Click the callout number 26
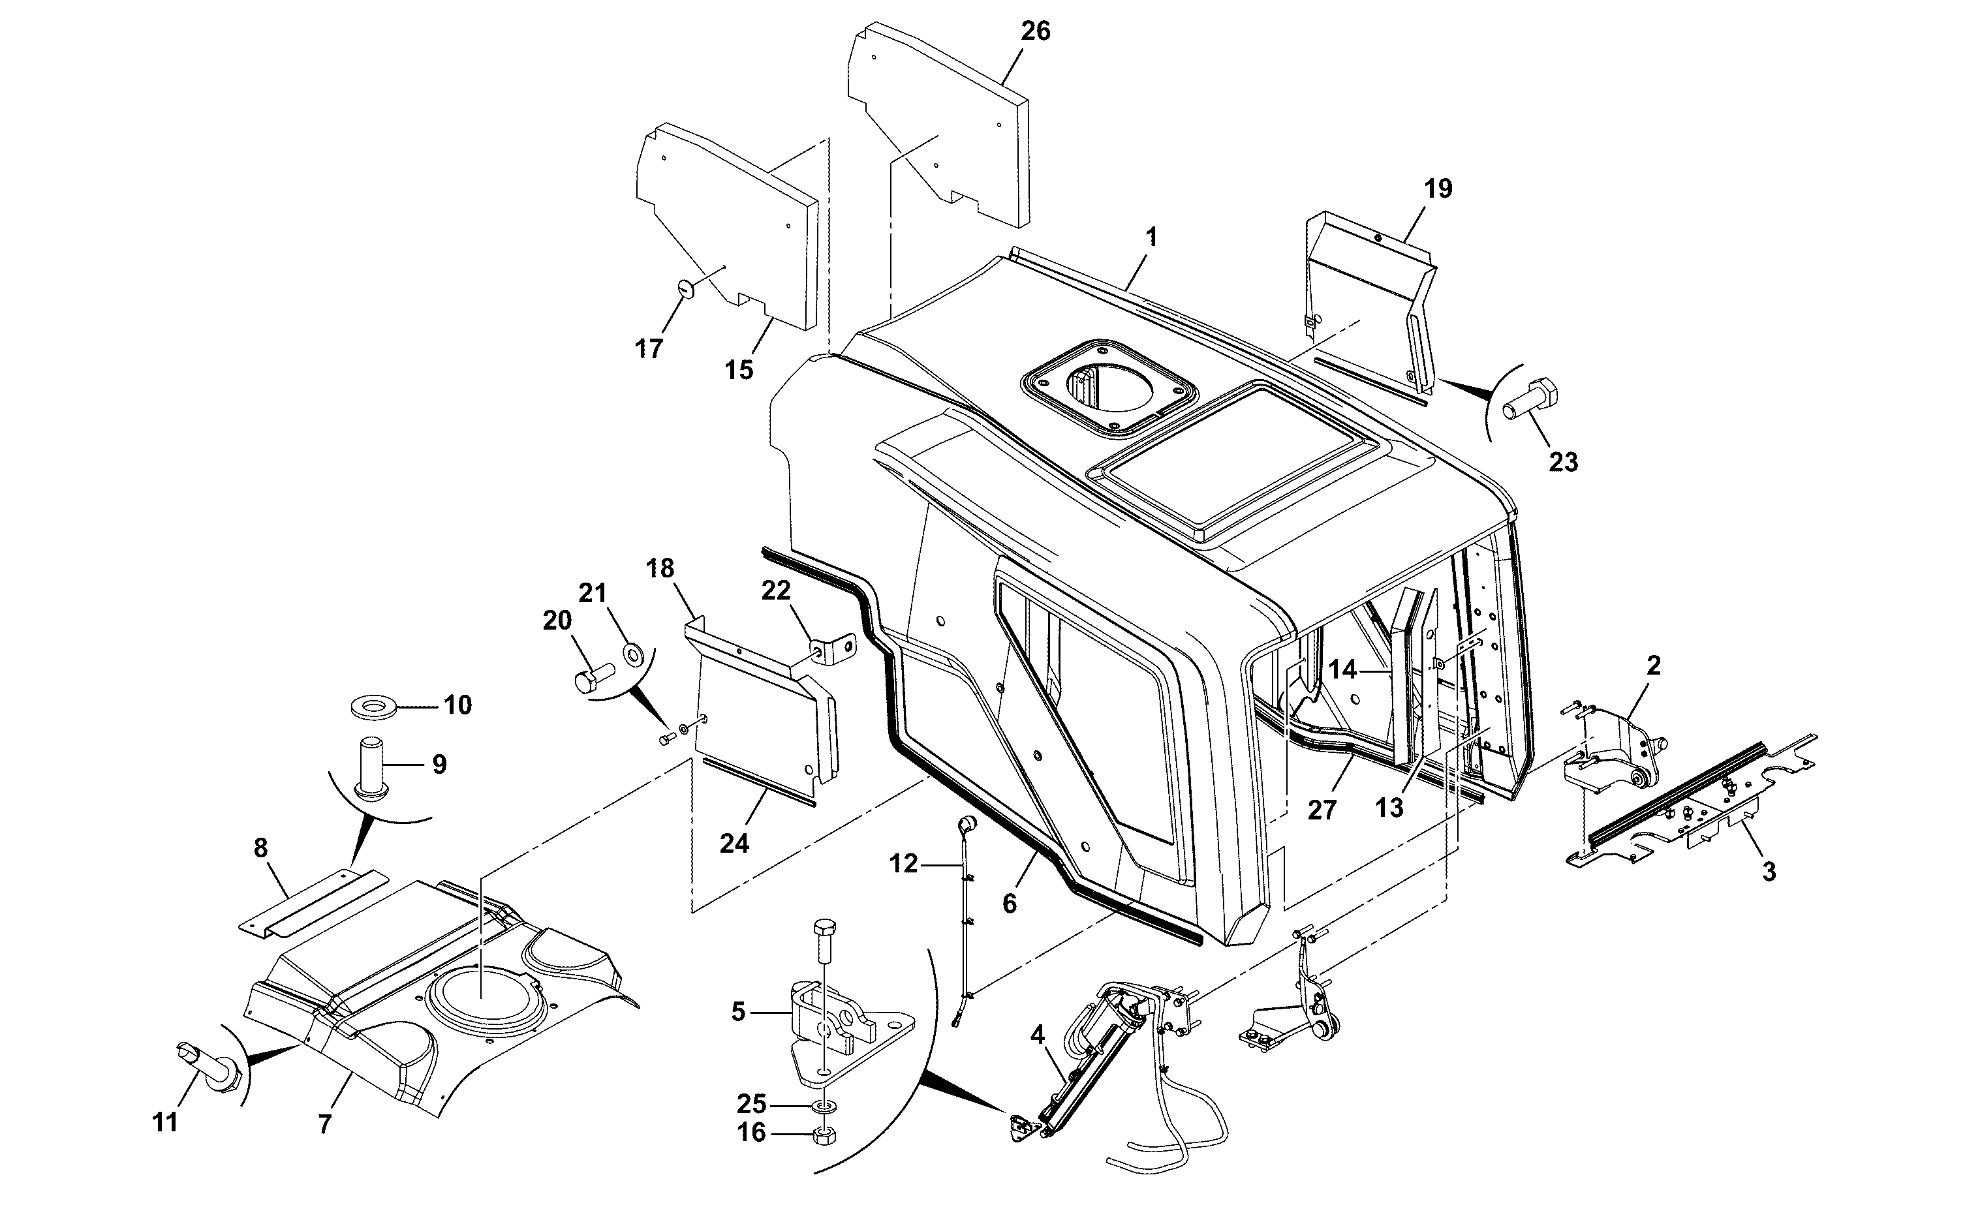pos(1036,31)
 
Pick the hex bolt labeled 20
pos(595,679)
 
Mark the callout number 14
pos(1342,670)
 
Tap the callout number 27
pos(1322,811)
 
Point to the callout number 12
pos(904,864)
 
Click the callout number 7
pos(324,1125)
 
